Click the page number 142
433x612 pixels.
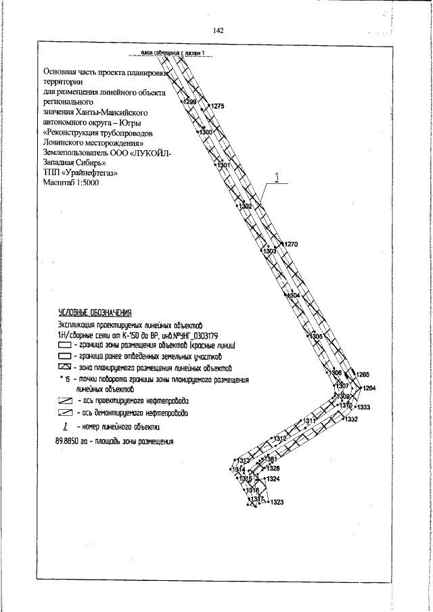click(218, 30)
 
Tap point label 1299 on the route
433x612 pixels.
click(190, 102)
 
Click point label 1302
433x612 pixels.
click(246, 206)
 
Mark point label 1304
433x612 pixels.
click(292, 296)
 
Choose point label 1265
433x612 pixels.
click(363, 375)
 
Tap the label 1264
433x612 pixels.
click(369, 388)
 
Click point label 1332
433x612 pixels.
click(350, 420)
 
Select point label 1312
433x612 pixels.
click(280, 439)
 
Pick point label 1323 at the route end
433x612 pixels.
click(276, 502)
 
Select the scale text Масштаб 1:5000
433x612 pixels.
click(71, 183)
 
